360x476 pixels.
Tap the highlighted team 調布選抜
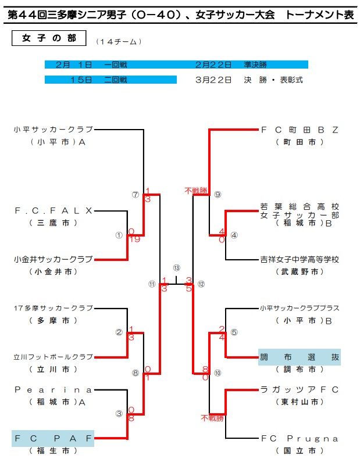coord(300,357)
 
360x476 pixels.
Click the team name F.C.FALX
coord(53,210)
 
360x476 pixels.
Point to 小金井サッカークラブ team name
coord(53,259)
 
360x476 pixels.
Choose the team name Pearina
coord(53,389)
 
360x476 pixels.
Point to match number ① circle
coord(119,235)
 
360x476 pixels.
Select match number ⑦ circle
coord(135,195)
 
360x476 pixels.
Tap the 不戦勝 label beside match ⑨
coord(195,189)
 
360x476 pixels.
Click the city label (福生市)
coord(53,450)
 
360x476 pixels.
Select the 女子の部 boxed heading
coord(49,38)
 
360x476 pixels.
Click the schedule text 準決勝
coord(255,65)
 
